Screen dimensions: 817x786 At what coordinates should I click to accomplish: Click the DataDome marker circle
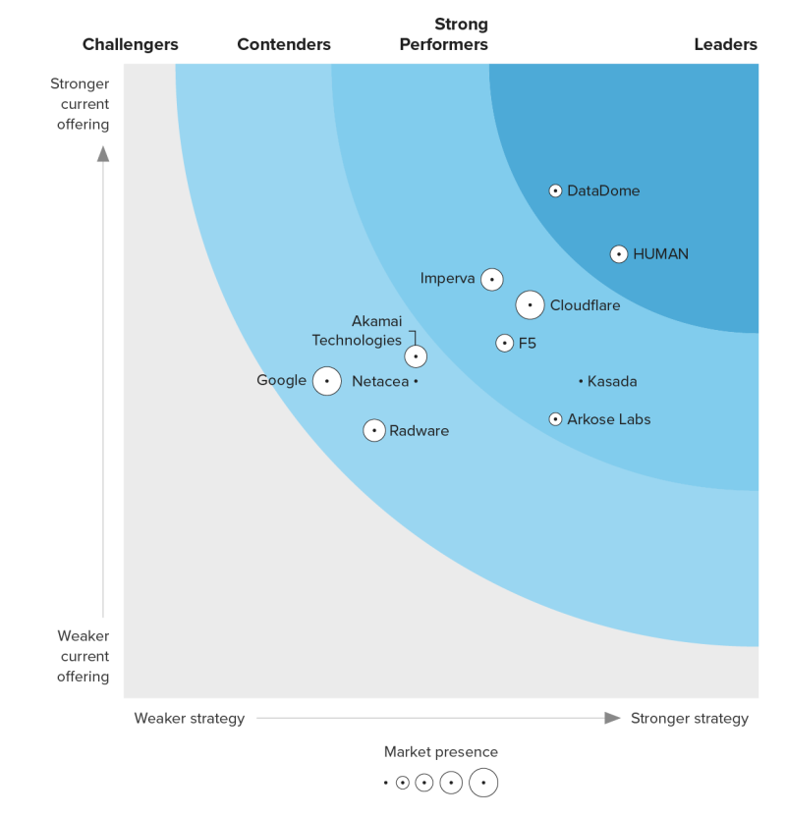coord(555,191)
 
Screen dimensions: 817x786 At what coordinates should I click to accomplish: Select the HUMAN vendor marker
coord(619,254)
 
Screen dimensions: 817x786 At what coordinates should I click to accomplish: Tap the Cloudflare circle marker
coord(530,305)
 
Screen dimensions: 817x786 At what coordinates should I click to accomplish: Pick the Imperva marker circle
coord(492,280)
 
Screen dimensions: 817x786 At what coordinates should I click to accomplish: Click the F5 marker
coord(504,343)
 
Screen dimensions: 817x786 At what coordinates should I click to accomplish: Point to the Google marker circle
coord(327,381)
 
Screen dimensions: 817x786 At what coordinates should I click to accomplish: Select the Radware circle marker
coord(374,430)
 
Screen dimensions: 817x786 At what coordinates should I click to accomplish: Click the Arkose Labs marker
coord(555,419)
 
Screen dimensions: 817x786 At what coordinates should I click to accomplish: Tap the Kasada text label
coord(612,381)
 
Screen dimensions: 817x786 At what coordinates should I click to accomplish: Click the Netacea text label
coord(380,381)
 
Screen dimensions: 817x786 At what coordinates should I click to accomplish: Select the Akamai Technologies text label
coord(357,331)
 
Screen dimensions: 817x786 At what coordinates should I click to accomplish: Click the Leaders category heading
coord(725,44)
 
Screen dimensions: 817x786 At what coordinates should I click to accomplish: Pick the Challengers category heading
coord(131,44)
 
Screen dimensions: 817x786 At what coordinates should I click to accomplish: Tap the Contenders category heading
coord(284,44)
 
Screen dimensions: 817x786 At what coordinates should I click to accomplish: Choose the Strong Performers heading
coord(461,34)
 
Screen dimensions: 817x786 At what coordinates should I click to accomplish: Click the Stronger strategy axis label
coord(689,718)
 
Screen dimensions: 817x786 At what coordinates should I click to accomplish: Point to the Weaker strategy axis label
coord(190,718)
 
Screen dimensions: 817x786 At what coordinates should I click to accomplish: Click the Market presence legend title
coord(441,752)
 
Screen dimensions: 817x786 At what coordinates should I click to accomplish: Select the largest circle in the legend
coord(483,783)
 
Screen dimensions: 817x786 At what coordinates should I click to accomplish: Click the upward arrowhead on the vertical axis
coord(103,153)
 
